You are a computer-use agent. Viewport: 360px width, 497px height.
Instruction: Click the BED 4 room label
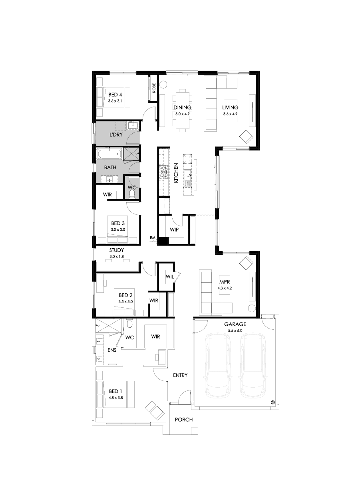(115, 95)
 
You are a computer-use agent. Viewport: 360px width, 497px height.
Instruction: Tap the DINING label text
(182, 108)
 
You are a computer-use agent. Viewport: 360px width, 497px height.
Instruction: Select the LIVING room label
(230, 108)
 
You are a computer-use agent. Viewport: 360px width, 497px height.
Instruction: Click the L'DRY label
(116, 135)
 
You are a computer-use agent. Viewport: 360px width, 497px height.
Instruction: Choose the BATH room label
(110, 168)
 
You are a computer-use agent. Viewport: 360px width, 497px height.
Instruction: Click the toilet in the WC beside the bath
(132, 194)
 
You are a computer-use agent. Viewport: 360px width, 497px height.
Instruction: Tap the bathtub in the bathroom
(109, 153)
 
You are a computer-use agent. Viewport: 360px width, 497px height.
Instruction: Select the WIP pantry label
(174, 230)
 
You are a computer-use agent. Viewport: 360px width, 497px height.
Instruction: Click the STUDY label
(117, 250)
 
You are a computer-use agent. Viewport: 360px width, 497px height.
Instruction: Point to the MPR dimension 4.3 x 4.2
(225, 288)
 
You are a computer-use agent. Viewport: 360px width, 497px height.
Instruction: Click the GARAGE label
(235, 324)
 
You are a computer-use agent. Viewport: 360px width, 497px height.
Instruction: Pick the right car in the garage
(253, 365)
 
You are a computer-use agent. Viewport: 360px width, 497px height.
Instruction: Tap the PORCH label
(184, 420)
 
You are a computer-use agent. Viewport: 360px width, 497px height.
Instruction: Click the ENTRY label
(180, 376)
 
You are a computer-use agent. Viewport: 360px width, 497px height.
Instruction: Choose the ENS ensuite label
(112, 350)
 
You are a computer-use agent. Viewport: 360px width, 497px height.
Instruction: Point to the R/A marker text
(153, 238)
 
